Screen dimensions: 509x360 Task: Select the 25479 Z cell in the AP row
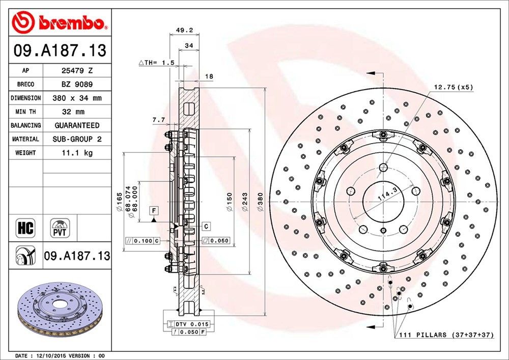click(77, 70)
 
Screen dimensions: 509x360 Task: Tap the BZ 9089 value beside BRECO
click(77, 85)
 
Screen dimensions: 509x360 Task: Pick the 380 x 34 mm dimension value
click(77, 98)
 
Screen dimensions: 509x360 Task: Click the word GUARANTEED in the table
click(77, 125)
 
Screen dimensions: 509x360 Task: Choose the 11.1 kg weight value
click(77, 153)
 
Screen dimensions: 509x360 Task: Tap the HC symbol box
click(25, 228)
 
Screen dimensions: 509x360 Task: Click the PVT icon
click(60, 228)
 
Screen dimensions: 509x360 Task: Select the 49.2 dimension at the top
click(184, 30)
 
